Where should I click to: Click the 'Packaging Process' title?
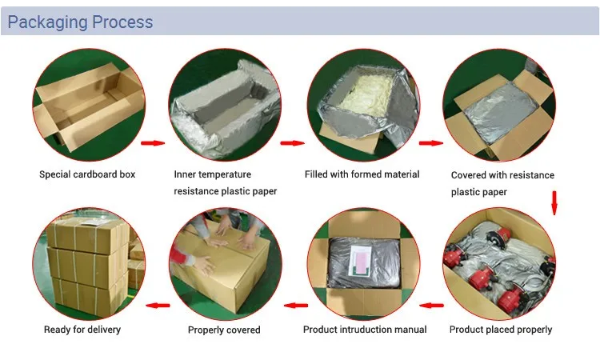pos(80,22)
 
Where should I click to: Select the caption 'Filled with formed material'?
pos(362,174)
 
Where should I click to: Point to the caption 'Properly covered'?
pos(224,330)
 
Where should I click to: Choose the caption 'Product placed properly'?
pos(501,330)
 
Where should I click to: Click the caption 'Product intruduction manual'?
pos(365,330)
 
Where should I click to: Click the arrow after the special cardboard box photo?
pos(152,144)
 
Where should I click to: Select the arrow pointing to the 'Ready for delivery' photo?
pos(158,305)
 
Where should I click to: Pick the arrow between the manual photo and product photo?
pos(433,305)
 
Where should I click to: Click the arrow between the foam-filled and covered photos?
pos(431,144)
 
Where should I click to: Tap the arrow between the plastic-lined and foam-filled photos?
pos(292,144)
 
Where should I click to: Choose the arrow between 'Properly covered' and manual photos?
pos(296,305)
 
